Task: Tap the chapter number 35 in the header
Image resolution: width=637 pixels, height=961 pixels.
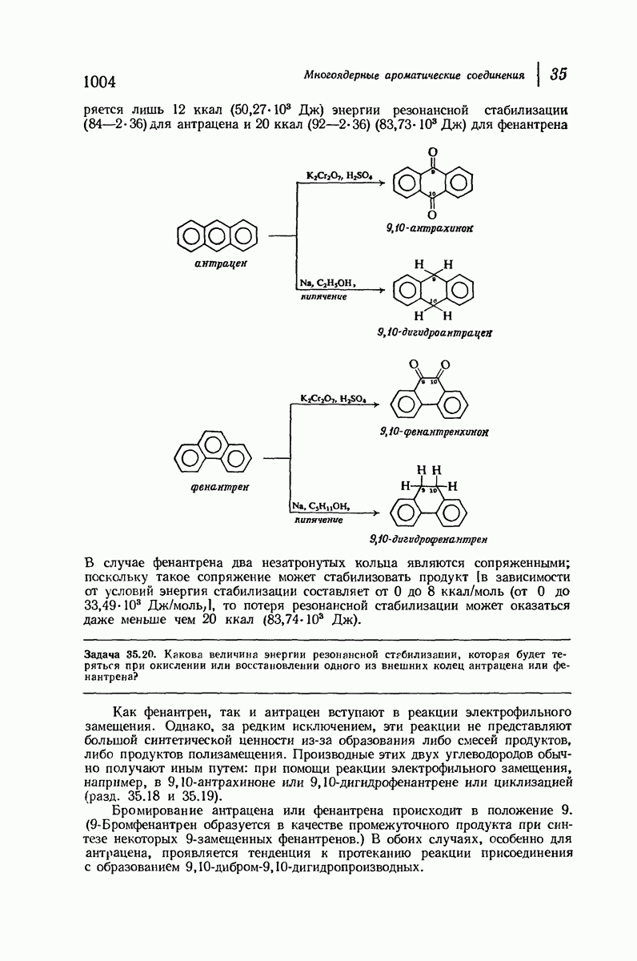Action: [x=559, y=74]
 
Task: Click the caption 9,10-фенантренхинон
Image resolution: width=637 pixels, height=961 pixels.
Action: [x=435, y=432]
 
